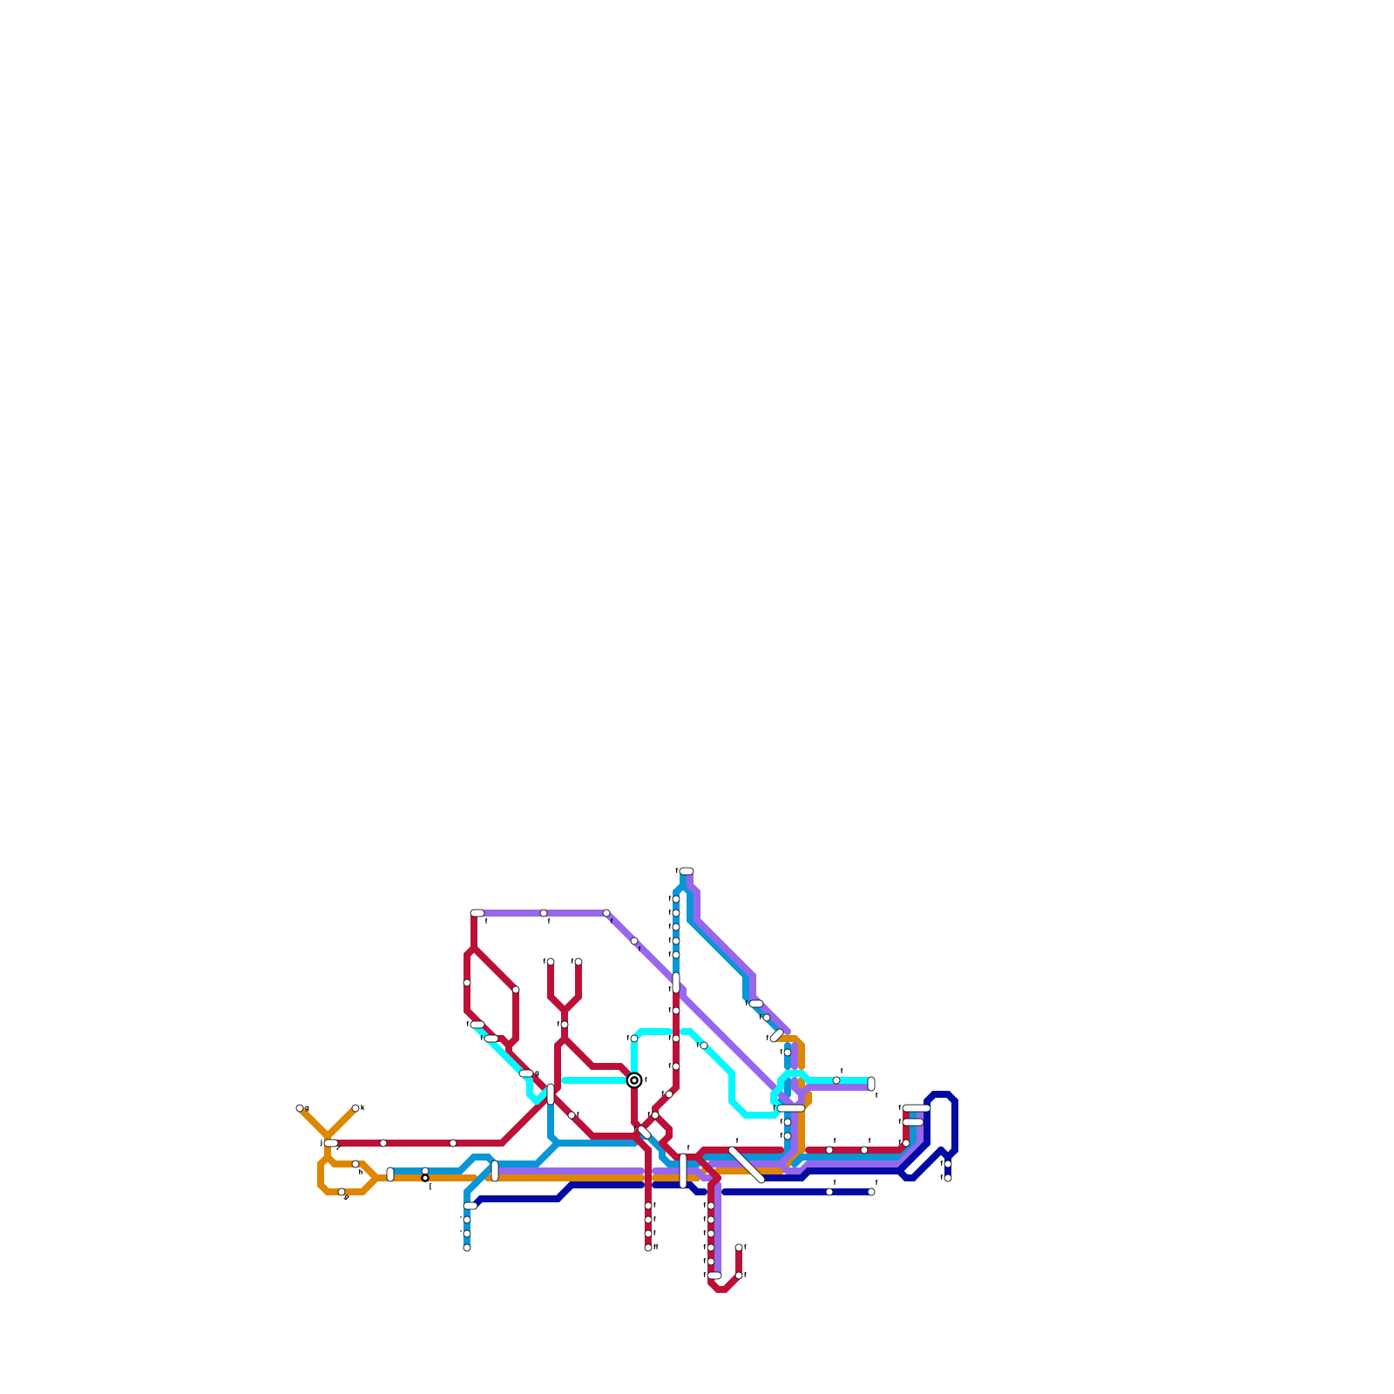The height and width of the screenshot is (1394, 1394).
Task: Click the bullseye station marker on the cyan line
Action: (x=634, y=1080)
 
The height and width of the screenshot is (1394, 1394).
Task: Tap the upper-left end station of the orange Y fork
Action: (x=300, y=1108)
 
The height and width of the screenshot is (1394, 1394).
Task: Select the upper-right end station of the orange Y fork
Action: (x=355, y=1108)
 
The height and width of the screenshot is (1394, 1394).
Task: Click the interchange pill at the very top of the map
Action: (x=687, y=871)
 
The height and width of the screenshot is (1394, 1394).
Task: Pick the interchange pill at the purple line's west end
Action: (x=477, y=913)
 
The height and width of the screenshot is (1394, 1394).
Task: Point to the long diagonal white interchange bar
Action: (x=747, y=1165)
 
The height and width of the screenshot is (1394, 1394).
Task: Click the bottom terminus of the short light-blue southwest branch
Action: (x=467, y=1248)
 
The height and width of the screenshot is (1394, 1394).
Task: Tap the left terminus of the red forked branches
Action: (x=551, y=962)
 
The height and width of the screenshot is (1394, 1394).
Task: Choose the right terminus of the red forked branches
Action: (x=579, y=962)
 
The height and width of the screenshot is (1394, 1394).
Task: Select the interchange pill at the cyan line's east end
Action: (x=871, y=1084)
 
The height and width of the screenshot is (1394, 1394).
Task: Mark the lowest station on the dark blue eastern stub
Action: (x=948, y=1178)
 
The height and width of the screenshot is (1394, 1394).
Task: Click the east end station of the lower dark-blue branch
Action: (x=871, y=1192)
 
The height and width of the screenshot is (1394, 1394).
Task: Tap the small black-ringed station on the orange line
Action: (x=425, y=1178)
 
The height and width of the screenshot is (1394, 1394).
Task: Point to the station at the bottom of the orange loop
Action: (x=342, y=1192)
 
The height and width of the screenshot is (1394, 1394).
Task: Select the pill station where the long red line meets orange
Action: (x=331, y=1143)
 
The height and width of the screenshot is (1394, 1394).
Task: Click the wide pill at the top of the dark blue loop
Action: (x=916, y=1108)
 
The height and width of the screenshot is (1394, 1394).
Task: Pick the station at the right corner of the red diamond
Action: (x=516, y=990)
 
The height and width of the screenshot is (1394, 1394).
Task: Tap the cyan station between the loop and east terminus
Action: (x=836, y=1080)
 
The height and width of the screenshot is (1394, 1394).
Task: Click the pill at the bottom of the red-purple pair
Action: (x=714, y=1276)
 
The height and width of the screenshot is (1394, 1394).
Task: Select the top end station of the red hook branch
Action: (x=739, y=1248)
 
